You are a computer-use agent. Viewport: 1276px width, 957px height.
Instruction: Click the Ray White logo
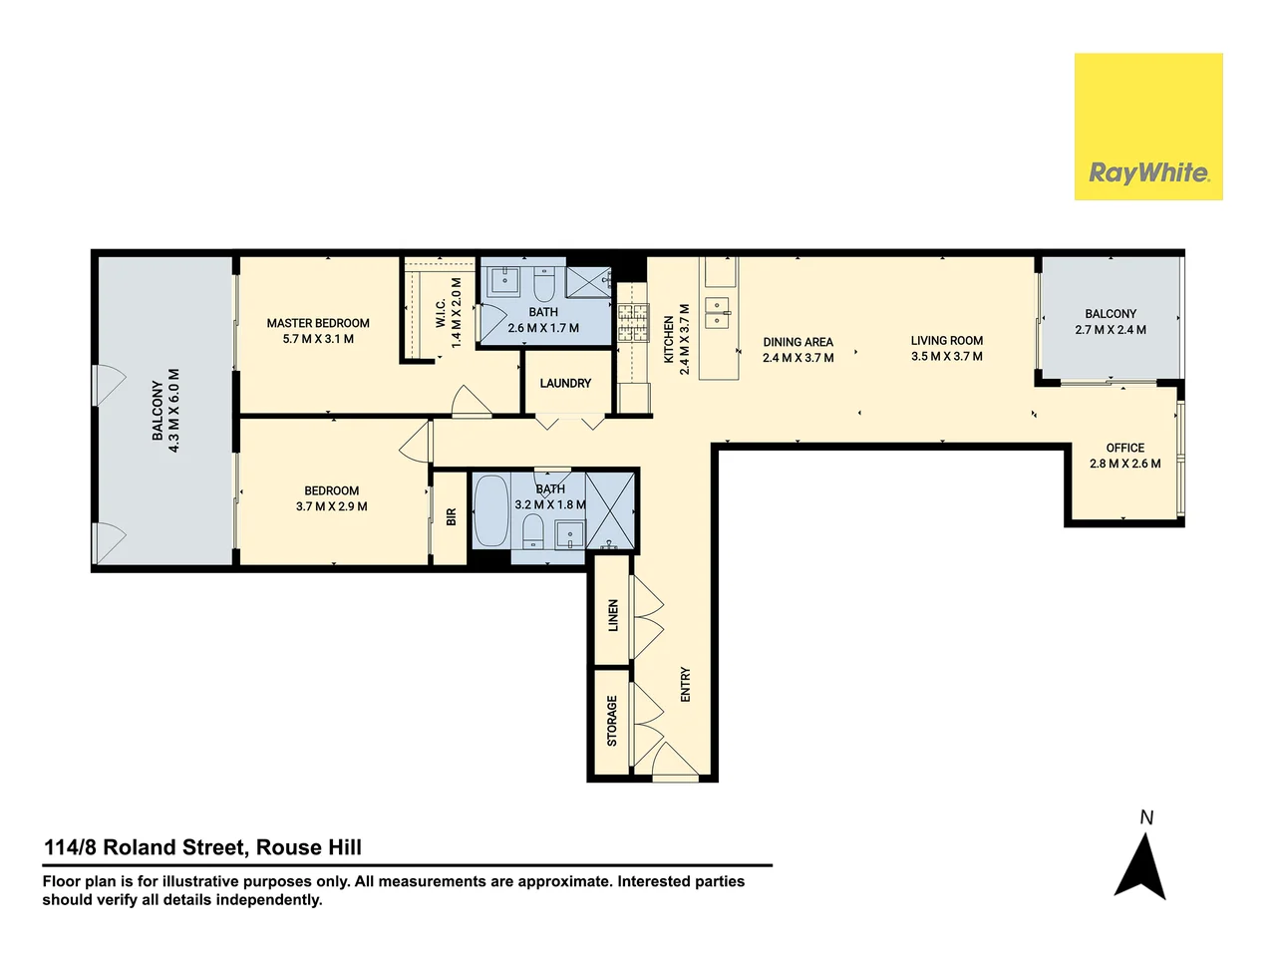1148,127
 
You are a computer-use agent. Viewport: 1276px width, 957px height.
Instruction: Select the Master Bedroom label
318,323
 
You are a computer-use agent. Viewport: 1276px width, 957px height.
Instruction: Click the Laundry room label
565,383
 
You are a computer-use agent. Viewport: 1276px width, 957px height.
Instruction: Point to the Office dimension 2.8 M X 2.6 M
1124,464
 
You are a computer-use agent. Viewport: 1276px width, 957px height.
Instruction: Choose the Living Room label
946,341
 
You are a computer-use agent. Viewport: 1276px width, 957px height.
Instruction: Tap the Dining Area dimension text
797,358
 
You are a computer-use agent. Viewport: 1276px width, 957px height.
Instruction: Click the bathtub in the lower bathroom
489,510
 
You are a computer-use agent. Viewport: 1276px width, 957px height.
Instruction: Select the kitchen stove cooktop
632,322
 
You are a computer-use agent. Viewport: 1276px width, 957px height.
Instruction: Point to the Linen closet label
613,615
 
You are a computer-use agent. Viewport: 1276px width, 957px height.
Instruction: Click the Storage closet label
612,721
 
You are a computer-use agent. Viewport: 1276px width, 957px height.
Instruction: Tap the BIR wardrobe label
452,517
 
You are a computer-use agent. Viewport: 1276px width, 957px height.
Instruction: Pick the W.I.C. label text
441,312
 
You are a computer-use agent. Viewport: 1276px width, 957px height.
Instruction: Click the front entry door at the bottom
675,763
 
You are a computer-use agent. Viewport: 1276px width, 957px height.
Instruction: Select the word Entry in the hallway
685,685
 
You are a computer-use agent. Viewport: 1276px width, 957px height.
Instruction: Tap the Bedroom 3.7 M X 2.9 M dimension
331,506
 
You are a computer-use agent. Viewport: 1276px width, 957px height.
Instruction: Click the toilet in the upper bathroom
544,286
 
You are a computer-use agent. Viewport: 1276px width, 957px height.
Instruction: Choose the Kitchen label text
669,339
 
